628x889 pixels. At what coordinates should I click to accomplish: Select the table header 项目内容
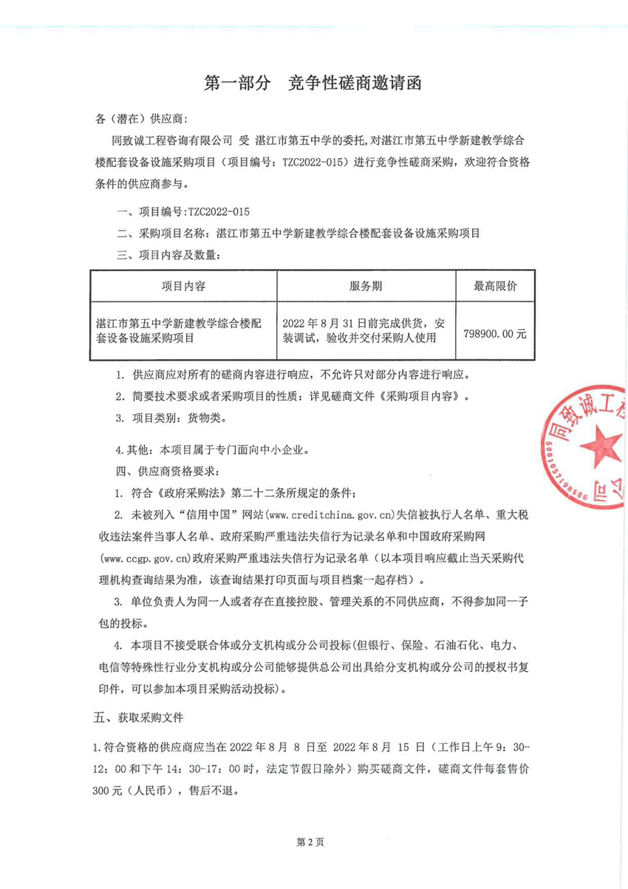(x=183, y=286)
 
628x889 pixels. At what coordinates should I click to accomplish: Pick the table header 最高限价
(x=495, y=286)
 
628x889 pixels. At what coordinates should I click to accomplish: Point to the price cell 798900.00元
(x=495, y=333)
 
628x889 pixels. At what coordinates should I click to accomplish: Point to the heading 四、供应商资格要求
(x=165, y=471)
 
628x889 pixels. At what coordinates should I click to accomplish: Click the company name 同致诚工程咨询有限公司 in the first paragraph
(x=171, y=138)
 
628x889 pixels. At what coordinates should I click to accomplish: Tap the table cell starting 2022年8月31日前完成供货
(x=365, y=331)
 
